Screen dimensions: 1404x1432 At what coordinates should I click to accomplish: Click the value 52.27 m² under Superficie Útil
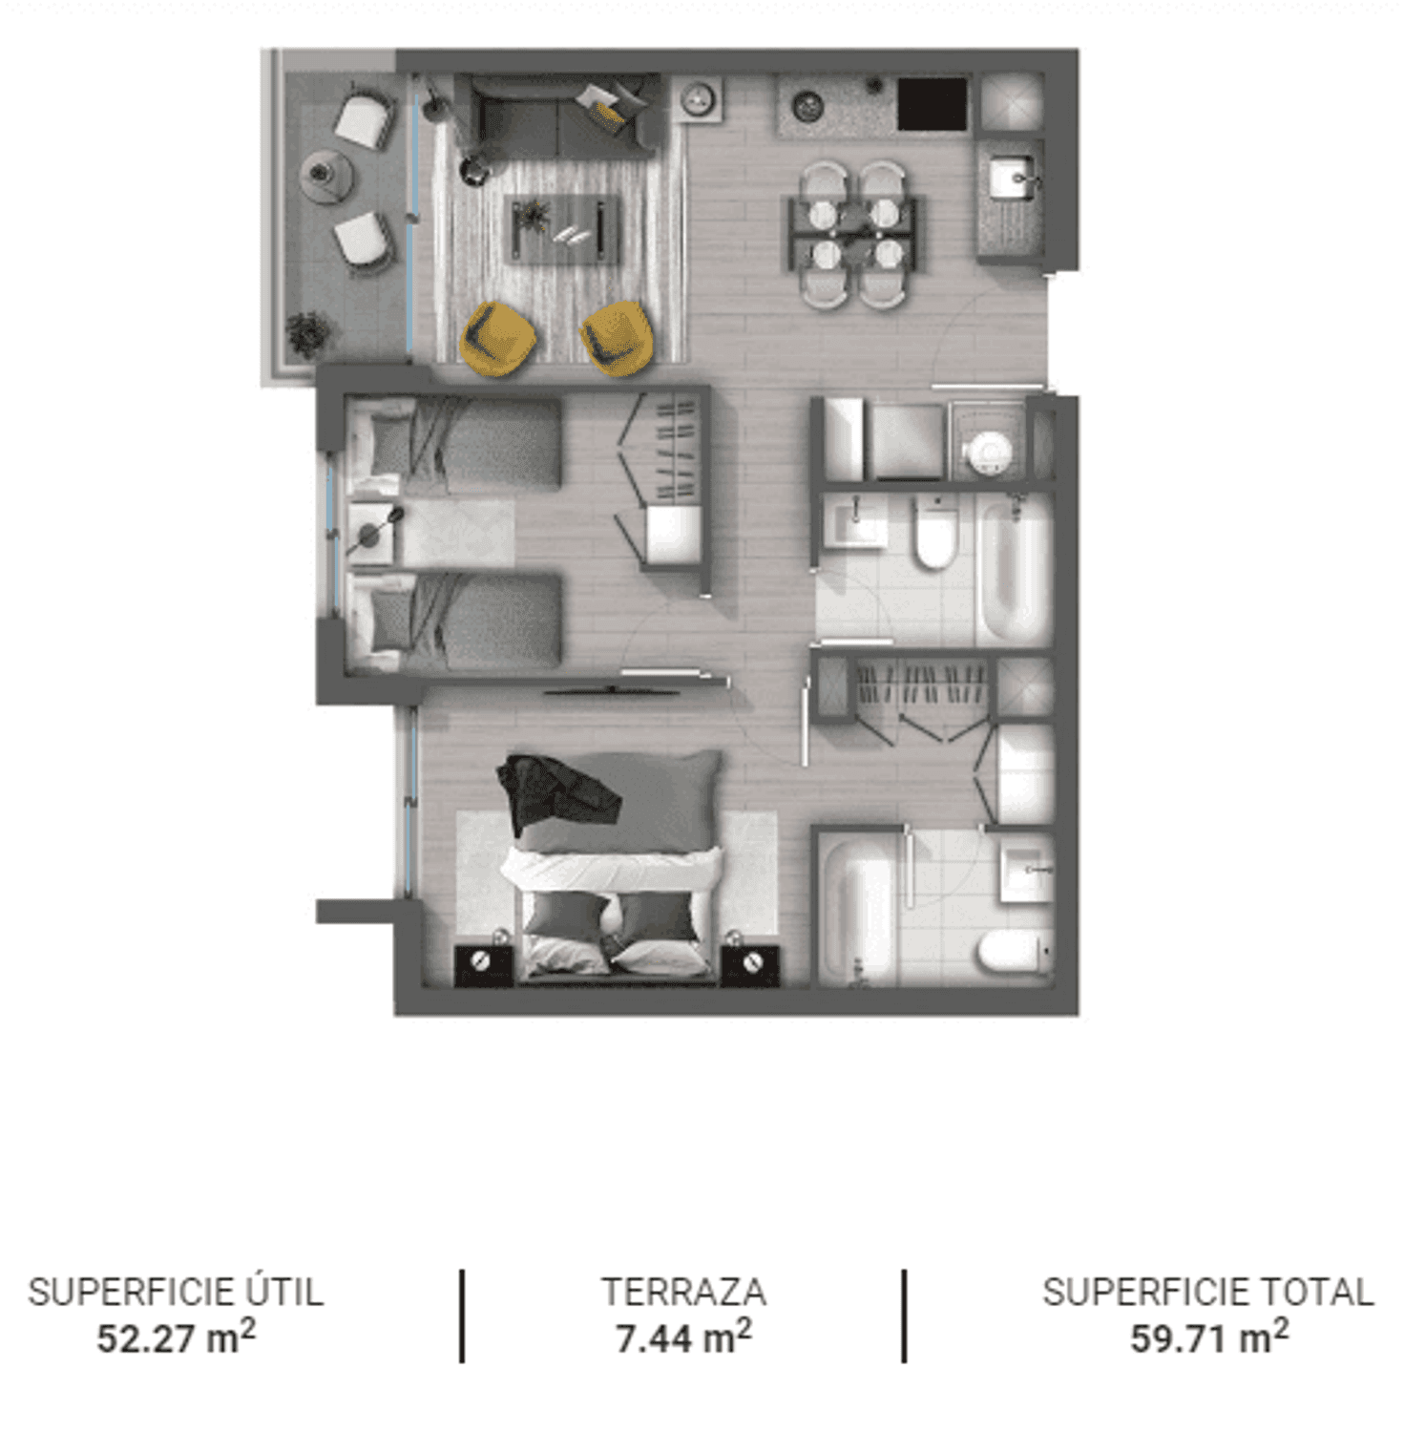tap(177, 1337)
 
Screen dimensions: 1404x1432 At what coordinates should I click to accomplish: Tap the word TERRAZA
tap(683, 1292)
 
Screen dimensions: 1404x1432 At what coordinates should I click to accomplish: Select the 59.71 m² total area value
tap(1209, 1337)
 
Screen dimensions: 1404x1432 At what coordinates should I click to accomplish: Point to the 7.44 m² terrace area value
tap(683, 1337)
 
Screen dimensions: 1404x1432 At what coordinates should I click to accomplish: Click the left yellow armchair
tap(497, 337)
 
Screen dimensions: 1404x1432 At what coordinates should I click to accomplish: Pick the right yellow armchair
tap(618, 337)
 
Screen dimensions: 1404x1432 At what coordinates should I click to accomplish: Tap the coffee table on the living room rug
tap(563, 228)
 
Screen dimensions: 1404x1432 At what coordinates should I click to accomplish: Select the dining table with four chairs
tap(853, 235)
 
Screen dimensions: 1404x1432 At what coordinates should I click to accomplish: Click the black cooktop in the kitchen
tap(933, 103)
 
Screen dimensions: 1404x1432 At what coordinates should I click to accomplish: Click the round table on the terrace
tap(327, 175)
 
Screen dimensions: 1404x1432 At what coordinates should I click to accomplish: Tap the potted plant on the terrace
tap(309, 335)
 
